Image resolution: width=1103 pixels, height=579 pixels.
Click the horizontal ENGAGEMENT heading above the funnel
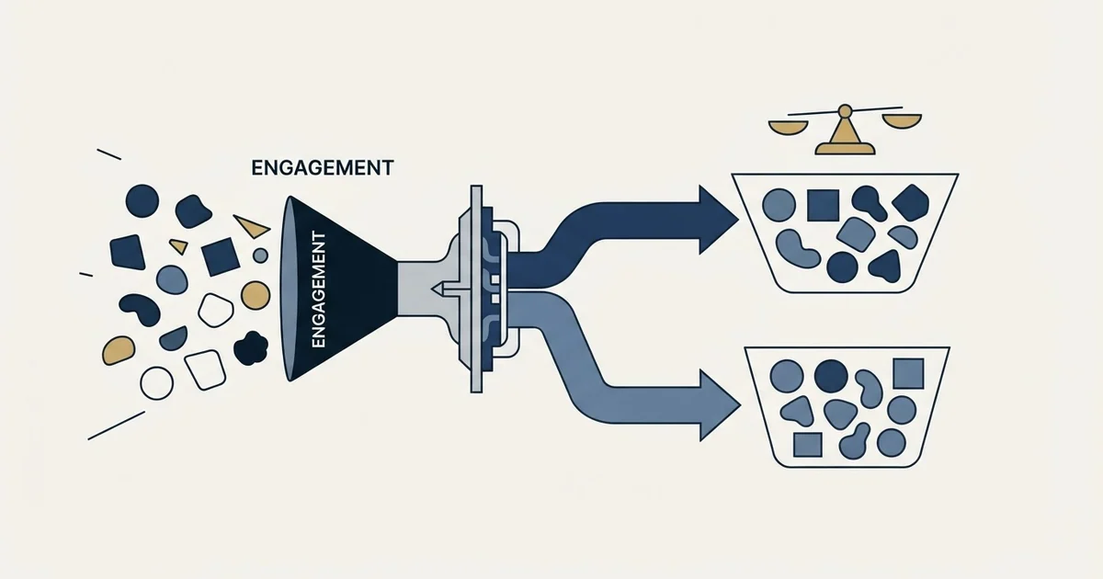323,168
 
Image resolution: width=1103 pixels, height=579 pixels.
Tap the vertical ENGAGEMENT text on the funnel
319,290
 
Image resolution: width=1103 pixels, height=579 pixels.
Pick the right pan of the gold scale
901,121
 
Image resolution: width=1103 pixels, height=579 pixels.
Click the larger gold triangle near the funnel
252,226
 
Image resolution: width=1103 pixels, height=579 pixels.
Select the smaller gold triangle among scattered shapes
178,245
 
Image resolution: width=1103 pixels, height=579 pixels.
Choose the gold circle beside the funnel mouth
256,295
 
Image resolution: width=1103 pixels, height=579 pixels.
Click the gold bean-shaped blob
119,350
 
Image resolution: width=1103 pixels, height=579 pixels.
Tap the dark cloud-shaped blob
251,347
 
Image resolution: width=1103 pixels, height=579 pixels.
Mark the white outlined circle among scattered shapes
156,383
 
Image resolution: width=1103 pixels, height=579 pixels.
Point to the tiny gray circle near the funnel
260,255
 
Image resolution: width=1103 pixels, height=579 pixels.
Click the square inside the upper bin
824,205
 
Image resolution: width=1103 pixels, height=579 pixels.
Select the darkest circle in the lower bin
831,376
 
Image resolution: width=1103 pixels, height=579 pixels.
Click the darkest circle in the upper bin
842,267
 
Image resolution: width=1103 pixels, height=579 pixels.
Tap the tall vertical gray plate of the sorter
476,289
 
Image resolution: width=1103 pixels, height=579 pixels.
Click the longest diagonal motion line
116,426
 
